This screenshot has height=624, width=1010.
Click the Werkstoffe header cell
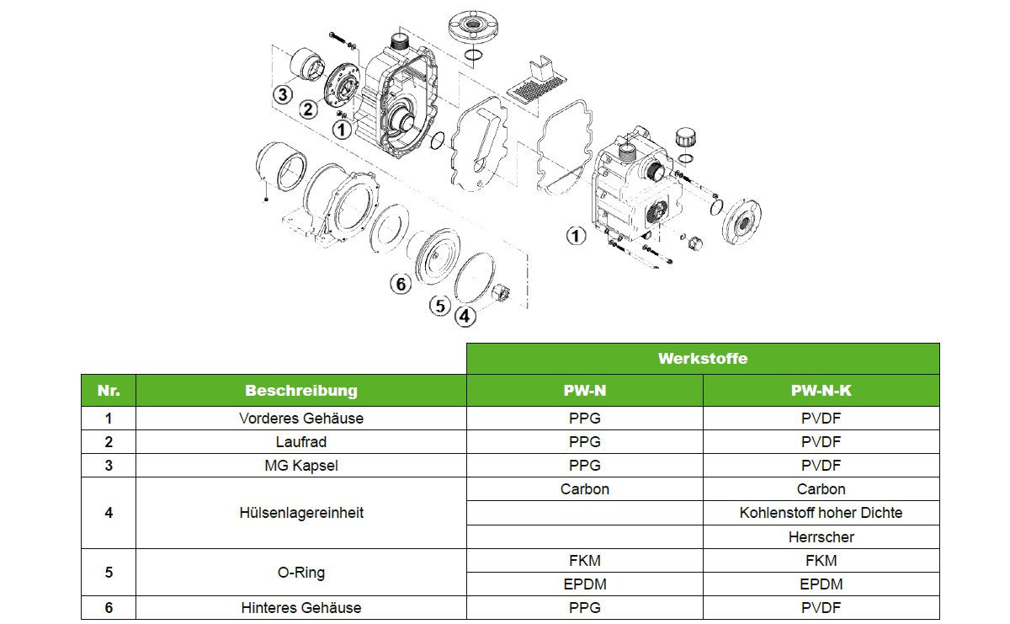point(703,359)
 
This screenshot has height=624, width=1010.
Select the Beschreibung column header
point(300,390)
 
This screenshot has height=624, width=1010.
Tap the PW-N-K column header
point(821,390)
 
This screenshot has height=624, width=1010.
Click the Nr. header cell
point(109,390)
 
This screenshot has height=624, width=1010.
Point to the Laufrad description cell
point(300,442)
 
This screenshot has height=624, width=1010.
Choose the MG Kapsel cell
point(300,465)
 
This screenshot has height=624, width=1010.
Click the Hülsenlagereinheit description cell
point(300,513)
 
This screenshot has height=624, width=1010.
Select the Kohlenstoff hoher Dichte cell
point(821,513)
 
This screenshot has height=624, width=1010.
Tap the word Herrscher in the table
point(821,537)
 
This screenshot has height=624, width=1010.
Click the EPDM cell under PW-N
point(585,584)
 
